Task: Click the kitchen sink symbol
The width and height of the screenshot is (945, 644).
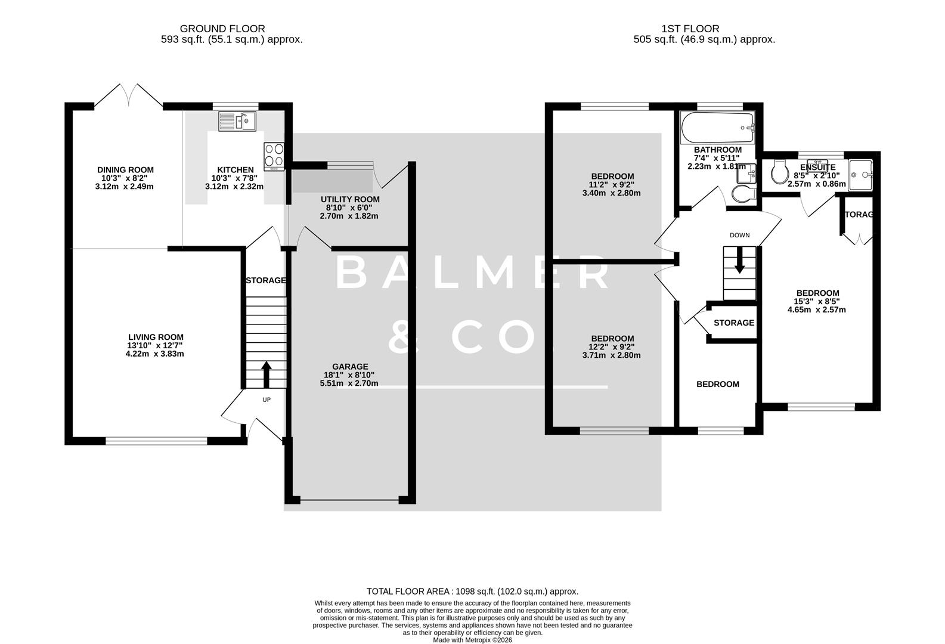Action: [x=237, y=122]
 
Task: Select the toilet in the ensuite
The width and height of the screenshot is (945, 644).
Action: [x=779, y=172]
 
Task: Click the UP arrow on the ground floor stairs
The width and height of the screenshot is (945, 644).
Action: [x=266, y=374]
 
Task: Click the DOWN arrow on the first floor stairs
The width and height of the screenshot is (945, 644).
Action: [x=739, y=262]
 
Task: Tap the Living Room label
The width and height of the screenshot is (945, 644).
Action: [x=156, y=337]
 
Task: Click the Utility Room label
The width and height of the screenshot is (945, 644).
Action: [x=349, y=199]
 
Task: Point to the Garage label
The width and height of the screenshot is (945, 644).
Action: [x=350, y=367]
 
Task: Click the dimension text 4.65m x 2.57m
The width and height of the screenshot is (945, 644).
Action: [x=817, y=310]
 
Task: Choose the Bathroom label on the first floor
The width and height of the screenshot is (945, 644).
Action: [x=718, y=150]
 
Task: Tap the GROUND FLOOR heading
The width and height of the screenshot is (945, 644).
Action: [x=222, y=29]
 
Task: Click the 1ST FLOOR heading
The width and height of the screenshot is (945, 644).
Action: [x=690, y=29]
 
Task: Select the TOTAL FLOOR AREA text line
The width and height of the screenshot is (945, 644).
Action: [x=472, y=592]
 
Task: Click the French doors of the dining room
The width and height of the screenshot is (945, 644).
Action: [x=129, y=95]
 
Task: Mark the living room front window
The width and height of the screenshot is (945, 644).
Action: [x=156, y=441]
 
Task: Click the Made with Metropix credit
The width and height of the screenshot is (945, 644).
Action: [x=472, y=640]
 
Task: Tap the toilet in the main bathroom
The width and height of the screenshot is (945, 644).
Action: [x=743, y=192]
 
